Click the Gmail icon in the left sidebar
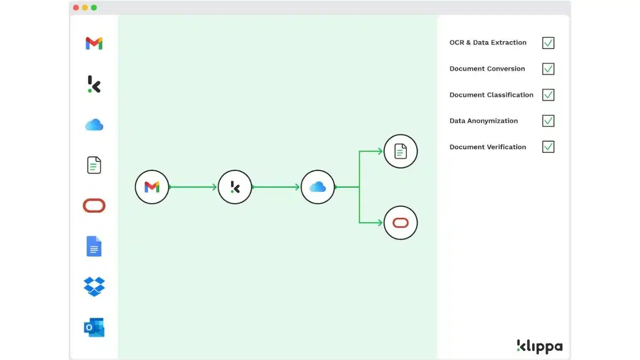(x=94, y=43)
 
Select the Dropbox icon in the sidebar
(x=94, y=286)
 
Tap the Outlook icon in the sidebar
(x=94, y=327)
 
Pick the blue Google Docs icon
(x=94, y=246)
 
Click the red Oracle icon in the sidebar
(x=94, y=206)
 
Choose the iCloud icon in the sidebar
(x=94, y=125)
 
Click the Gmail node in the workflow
(x=152, y=187)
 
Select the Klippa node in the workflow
(x=235, y=187)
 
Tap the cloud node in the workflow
(x=318, y=187)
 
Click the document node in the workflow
(x=401, y=151)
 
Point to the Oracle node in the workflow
(x=401, y=223)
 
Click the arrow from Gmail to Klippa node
(x=193, y=187)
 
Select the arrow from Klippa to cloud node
(x=276, y=187)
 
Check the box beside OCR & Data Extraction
(x=548, y=43)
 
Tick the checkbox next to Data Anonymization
(x=548, y=121)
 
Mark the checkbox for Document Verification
(x=548, y=147)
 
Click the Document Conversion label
(x=487, y=69)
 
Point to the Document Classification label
(x=491, y=95)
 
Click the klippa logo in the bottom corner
(x=540, y=346)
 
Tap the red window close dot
(x=76, y=7)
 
